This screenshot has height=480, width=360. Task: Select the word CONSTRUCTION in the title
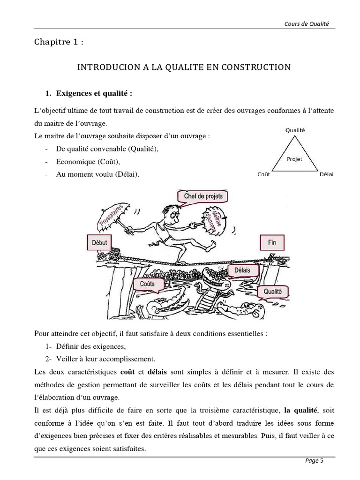[x=261, y=67]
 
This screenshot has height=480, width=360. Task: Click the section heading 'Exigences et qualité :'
[x=94, y=93]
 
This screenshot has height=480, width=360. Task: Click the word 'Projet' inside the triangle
[x=294, y=159]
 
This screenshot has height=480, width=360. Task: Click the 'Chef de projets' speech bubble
[x=200, y=196]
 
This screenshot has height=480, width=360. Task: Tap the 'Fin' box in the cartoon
[x=272, y=243]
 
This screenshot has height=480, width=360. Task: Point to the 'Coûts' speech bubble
[x=147, y=284]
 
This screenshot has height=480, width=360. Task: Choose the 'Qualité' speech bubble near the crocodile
[x=272, y=292]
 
